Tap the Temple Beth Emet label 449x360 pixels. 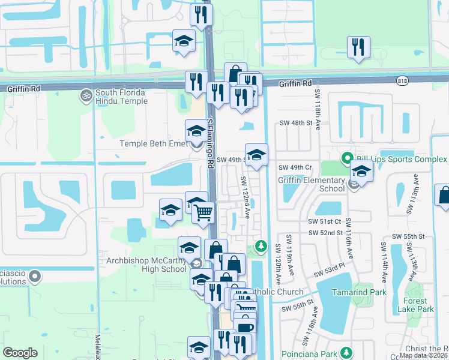point(153,143)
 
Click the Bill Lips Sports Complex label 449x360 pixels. point(402,159)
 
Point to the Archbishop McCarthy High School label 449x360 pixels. point(146,265)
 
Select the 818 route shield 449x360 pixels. point(403,80)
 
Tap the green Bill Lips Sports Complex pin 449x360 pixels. point(347,159)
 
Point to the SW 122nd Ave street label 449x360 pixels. point(245,197)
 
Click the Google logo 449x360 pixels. point(20,353)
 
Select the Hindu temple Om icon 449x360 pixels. point(85,94)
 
